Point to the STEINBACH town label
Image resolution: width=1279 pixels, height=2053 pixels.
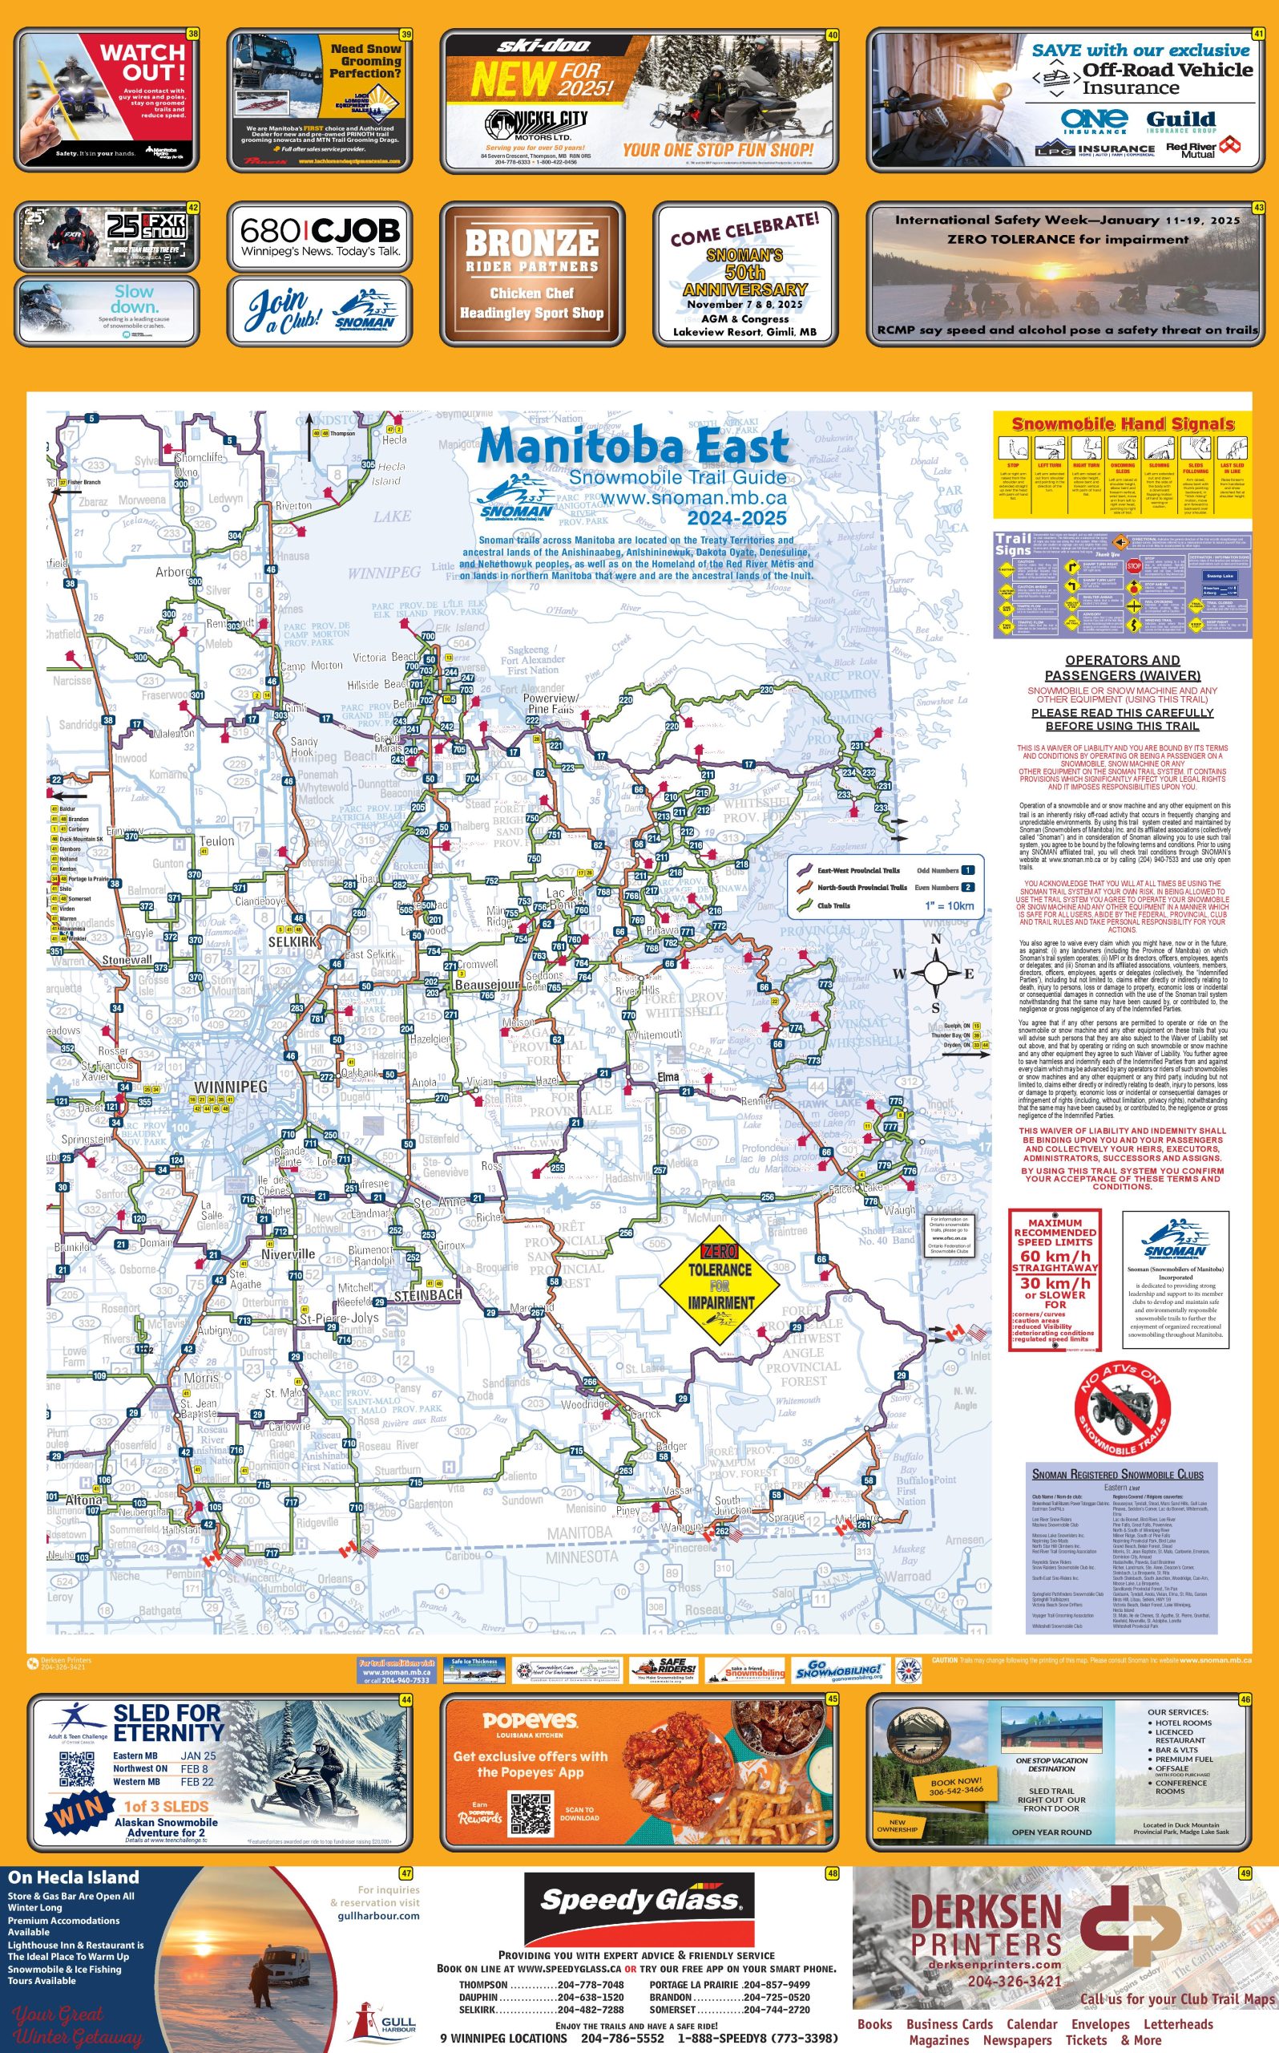click(428, 1295)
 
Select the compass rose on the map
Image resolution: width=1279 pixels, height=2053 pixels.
click(935, 974)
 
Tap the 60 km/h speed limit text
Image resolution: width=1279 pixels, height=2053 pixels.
click(1055, 1256)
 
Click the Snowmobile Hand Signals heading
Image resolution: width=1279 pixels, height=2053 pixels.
click(1123, 424)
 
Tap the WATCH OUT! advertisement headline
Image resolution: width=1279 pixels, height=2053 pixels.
click(142, 62)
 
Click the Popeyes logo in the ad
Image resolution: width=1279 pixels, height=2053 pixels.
click(530, 1720)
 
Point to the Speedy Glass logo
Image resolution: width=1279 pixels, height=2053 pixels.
click(639, 1901)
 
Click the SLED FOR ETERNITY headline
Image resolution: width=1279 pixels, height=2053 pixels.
click(167, 1723)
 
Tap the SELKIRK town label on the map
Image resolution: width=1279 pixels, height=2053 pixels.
click(293, 941)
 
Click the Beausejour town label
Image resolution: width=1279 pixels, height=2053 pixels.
click(486, 985)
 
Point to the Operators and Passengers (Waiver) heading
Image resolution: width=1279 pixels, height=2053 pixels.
click(1123, 668)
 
